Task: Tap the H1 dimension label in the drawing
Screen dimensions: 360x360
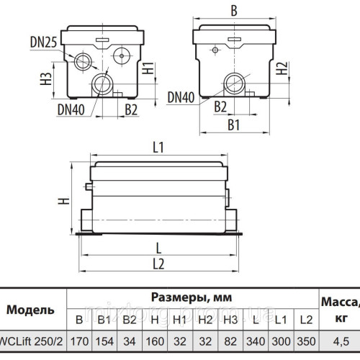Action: (x=147, y=69)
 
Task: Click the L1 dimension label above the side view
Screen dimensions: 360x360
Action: (x=158, y=148)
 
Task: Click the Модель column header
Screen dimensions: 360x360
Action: (x=30, y=310)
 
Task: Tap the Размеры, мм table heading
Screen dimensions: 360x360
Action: (x=192, y=297)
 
